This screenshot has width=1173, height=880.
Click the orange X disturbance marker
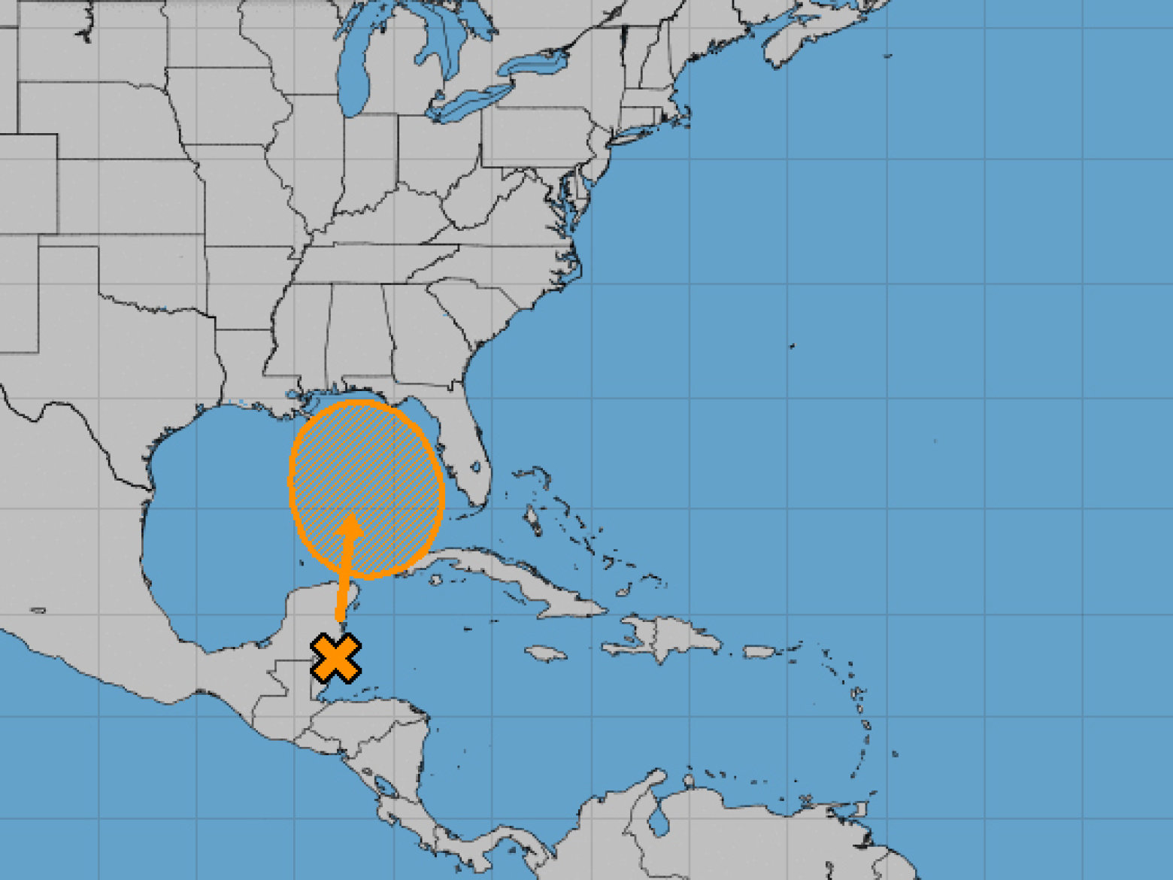335,658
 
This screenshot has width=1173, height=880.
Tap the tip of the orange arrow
351,517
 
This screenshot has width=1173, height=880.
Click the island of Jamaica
546,653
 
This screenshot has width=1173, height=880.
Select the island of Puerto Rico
759,651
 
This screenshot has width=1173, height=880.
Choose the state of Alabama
358,331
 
